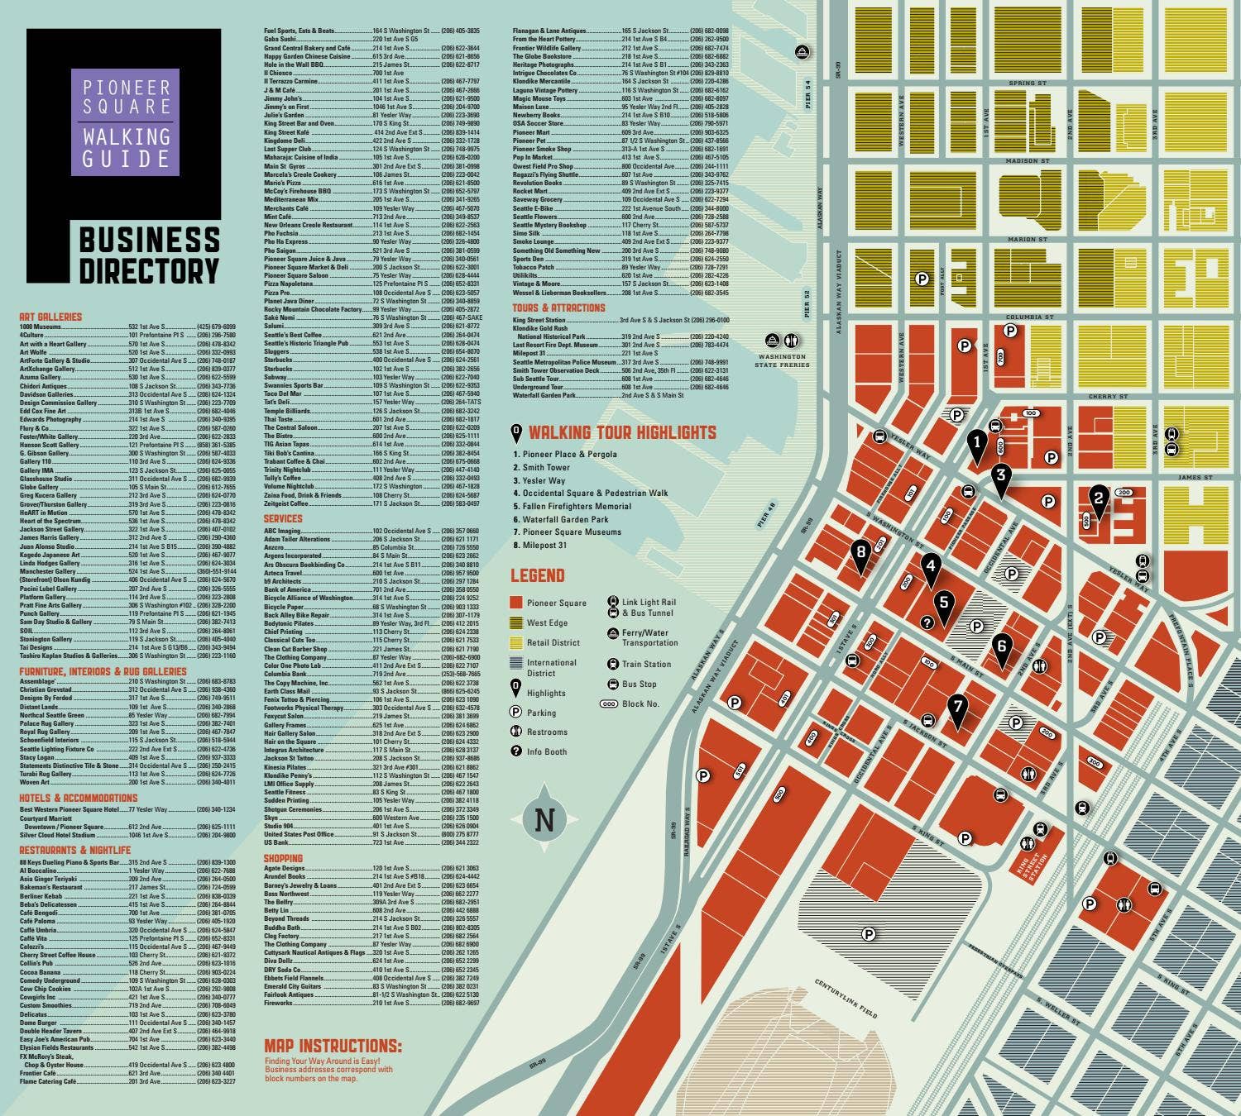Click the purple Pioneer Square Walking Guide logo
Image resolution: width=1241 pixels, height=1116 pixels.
click(125, 122)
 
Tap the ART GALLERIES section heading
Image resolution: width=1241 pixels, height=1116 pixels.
click(50, 317)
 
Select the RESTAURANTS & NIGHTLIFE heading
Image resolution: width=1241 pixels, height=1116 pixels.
click(75, 850)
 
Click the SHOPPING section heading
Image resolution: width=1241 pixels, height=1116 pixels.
click(283, 858)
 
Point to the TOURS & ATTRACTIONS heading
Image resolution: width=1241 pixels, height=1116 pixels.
click(558, 308)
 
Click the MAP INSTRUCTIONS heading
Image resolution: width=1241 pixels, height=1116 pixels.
click(333, 1046)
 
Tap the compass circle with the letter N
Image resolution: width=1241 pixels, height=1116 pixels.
click(544, 821)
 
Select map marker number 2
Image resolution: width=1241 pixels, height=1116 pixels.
click(1099, 498)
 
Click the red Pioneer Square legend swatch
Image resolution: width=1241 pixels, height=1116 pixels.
click(516, 603)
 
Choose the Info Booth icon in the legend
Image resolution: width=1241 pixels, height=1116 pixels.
click(516, 751)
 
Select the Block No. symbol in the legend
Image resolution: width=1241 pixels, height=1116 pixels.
click(609, 704)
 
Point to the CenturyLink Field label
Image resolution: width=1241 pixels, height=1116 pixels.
click(846, 998)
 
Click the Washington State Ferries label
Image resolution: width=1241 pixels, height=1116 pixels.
click(782, 360)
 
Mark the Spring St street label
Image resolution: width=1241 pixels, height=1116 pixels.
click(1028, 83)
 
